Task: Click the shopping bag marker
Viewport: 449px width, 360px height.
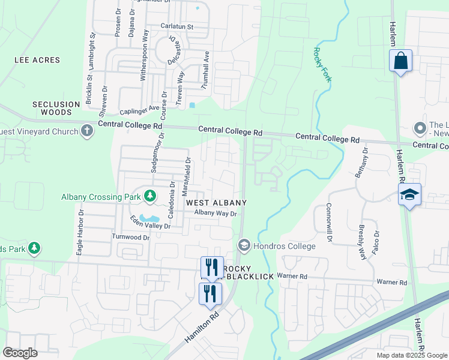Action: [x=400, y=61]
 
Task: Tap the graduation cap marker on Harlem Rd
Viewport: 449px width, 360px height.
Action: [x=410, y=195]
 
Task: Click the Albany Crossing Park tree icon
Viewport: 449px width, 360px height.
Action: [x=149, y=196]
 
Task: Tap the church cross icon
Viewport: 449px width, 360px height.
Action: [x=88, y=131]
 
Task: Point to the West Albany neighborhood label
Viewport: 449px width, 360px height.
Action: [x=216, y=203]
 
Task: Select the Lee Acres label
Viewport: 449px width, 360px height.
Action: [x=38, y=60]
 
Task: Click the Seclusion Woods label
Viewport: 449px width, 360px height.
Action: [x=56, y=108]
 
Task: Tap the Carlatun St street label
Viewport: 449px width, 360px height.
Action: [x=176, y=26]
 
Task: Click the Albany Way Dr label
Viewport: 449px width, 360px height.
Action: [x=216, y=213]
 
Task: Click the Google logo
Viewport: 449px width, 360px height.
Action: [x=20, y=353]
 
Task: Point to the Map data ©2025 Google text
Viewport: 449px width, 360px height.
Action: [x=411, y=355]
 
